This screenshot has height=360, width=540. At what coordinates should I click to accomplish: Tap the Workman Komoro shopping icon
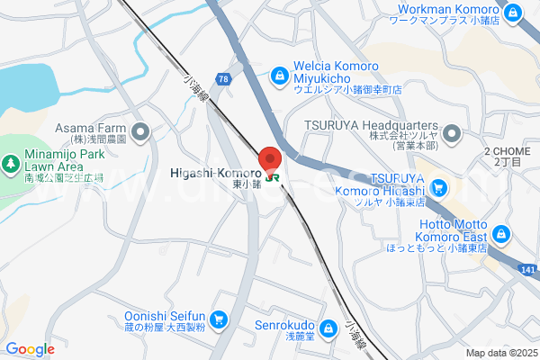click(x=512, y=13)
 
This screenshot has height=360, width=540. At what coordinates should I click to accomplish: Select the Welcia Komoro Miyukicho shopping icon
click(x=282, y=70)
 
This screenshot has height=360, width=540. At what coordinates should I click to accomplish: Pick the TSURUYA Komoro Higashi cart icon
click(x=438, y=188)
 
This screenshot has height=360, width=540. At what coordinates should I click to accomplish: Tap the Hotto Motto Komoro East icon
click(x=500, y=235)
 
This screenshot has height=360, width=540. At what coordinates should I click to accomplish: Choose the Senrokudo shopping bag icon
click(x=329, y=327)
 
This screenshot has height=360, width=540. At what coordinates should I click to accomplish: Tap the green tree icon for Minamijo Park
click(x=10, y=164)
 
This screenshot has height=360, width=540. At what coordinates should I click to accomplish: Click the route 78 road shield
click(x=222, y=81)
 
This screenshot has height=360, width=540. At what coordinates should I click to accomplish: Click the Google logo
click(x=30, y=349)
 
